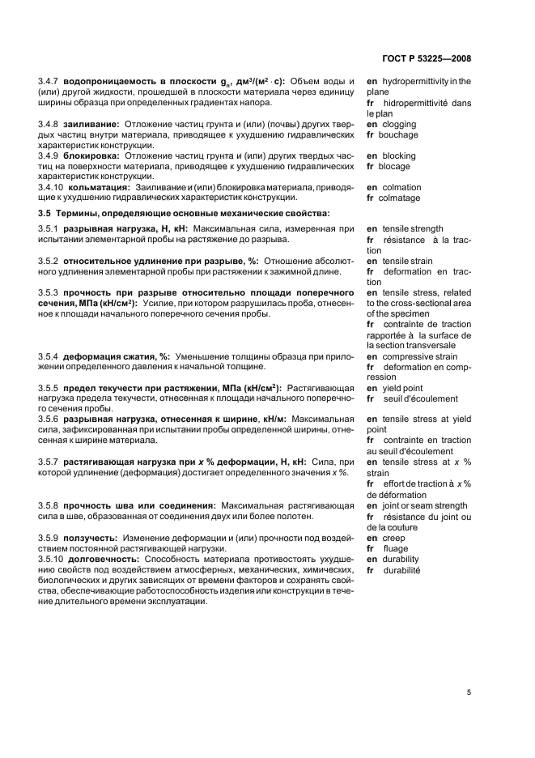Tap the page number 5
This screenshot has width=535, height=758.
click(x=469, y=692)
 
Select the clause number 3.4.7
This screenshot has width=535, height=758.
click(x=50, y=81)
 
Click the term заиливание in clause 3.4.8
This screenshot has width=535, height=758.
click(x=89, y=124)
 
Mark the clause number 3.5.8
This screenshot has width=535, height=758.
click(x=50, y=505)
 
